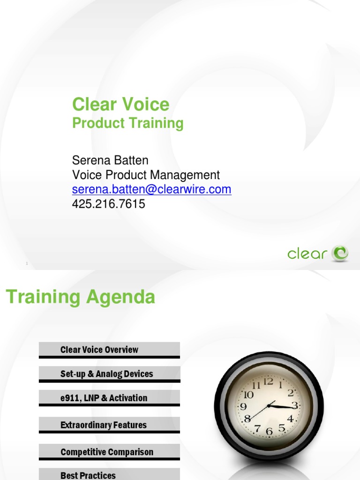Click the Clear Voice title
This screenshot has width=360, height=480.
[x=120, y=104]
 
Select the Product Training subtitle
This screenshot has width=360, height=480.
[x=127, y=123]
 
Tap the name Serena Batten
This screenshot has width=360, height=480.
[x=110, y=160]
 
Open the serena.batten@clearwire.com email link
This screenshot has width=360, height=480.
[x=151, y=189]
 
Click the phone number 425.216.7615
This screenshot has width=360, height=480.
[x=108, y=204]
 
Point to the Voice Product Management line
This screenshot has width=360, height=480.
[x=146, y=175]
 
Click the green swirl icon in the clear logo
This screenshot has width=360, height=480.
[x=339, y=253]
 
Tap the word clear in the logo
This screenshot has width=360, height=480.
[x=307, y=254]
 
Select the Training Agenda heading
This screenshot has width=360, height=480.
[x=80, y=297]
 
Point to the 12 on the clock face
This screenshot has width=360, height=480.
[x=268, y=382]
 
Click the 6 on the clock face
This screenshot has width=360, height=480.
[x=269, y=431]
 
